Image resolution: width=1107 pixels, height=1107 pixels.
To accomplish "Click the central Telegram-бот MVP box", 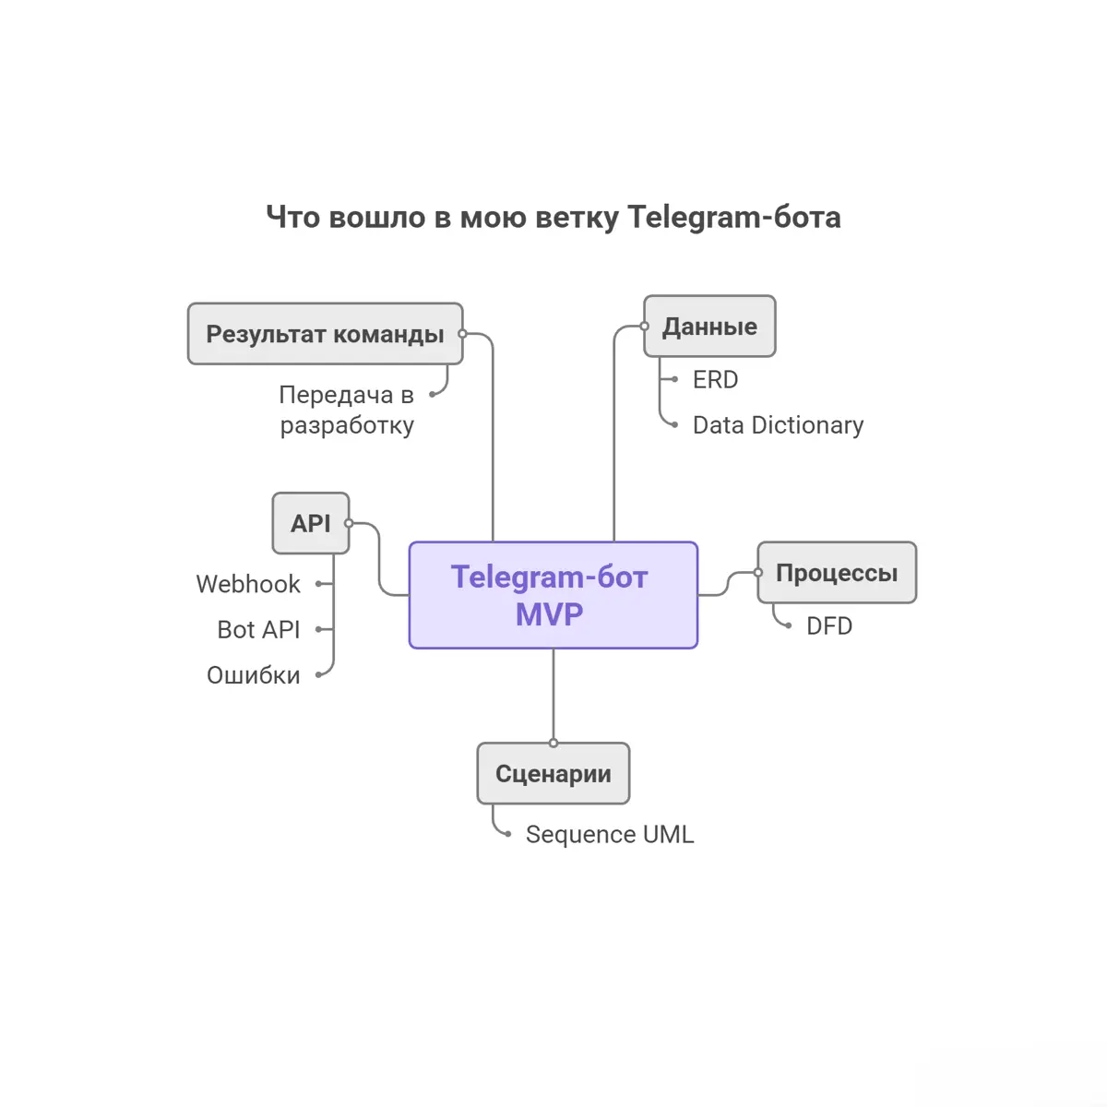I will (x=553, y=595).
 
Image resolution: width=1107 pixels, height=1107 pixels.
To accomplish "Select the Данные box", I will (x=709, y=327).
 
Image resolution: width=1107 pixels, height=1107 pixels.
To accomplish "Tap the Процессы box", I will (x=837, y=573).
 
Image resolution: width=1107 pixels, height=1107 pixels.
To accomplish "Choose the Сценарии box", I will (x=553, y=774).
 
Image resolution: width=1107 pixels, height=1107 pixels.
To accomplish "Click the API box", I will (x=311, y=524).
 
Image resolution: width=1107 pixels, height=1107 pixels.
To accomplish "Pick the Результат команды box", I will (x=325, y=334).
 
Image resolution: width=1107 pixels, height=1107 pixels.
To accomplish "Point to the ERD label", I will (x=715, y=380).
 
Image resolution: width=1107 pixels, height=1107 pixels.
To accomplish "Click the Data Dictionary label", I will (x=778, y=425).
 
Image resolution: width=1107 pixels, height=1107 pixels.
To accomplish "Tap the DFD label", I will (x=828, y=626).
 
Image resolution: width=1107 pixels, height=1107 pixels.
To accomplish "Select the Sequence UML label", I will (x=609, y=835).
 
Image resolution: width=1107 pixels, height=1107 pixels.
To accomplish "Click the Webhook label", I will (x=248, y=584).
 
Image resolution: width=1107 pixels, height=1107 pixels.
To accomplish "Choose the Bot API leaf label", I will (x=258, y=630).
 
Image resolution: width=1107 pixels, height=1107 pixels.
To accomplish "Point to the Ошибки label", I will (x=254, y=675).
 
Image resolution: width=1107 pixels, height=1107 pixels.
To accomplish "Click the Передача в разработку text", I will (x=347, y=411).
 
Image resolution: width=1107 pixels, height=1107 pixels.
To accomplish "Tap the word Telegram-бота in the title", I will (x=734, y=218).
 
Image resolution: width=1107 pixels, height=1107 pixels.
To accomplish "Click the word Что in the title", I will (x=292, y=218).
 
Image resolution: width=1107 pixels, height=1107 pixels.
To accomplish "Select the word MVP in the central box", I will (x=550, y=614).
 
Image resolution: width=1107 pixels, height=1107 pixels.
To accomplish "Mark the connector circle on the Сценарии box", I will (x=553, y=743).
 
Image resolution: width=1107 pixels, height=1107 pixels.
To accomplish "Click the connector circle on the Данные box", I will (x=645, y=327).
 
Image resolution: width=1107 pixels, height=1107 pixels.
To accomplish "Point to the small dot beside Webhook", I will (x=318, y=584).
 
